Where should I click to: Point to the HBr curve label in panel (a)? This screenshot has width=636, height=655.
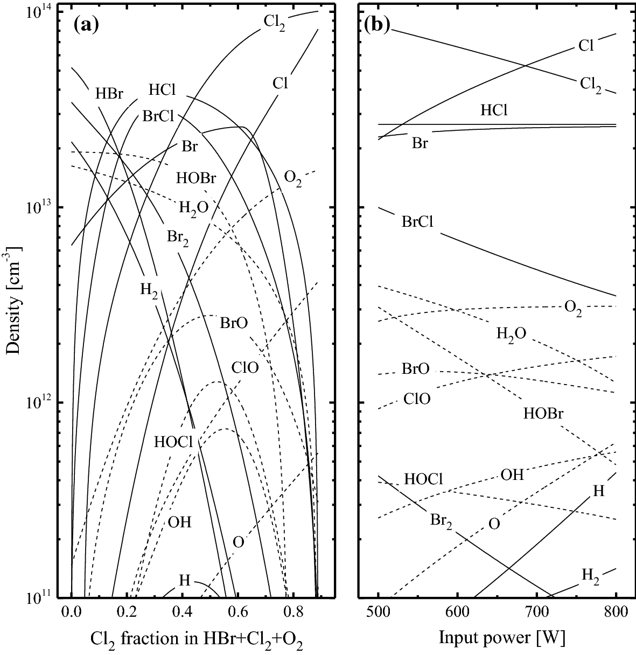[109, 94]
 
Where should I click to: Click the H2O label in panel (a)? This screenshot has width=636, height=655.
[194, 207]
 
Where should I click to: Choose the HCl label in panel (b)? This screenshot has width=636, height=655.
[494, 111]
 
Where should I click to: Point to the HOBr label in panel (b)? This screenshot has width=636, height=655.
[543, 414]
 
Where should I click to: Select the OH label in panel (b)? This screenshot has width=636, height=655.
[512, 474]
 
